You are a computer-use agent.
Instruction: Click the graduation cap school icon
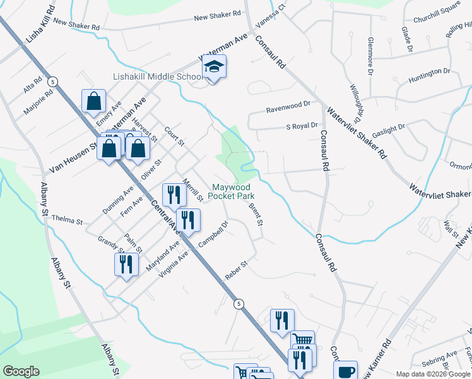tap(215, 68)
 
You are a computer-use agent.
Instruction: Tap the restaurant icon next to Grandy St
tap(126, 264)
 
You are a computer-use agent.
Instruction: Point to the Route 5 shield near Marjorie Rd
tap(53, 81)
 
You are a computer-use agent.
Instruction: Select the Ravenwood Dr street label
tap(288, 103)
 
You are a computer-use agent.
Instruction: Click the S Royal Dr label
tap(302, 126)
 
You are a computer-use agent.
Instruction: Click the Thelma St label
tap(70, 221)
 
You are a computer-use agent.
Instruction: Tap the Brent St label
tap(255, 215)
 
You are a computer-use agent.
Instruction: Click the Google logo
tap(21, 371)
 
